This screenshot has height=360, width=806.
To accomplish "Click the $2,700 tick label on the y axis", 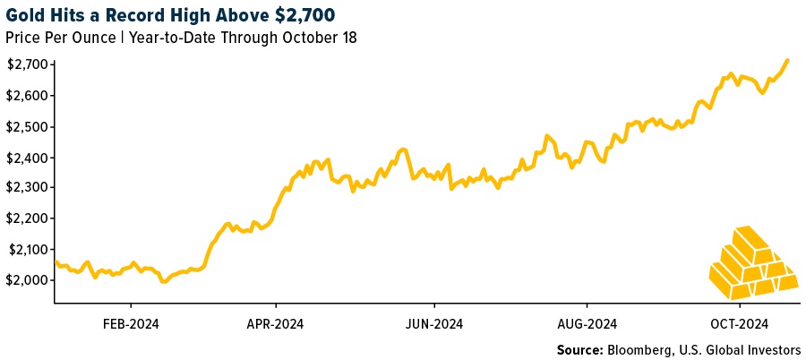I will (28, 64).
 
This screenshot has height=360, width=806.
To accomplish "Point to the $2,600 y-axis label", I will (28, 96).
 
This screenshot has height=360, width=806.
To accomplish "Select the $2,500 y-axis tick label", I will (28, 127).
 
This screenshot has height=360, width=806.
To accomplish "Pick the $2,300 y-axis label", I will (28, 188).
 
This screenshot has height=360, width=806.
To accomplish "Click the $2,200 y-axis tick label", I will (28, 219).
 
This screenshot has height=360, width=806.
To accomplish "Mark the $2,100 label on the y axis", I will (28, 250).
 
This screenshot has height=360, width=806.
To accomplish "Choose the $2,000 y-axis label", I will (28, 280).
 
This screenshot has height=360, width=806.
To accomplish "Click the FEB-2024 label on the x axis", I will (130, 323).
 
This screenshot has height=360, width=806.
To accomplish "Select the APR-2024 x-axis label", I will (275, 323).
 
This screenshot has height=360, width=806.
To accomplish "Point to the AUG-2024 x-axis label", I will (588, 323).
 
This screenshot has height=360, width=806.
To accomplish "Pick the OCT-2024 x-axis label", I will (740, 323).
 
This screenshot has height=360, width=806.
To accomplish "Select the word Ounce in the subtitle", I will (90, 38).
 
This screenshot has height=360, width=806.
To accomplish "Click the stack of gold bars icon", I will (750, 263).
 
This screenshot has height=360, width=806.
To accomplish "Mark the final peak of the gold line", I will (787, 61).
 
